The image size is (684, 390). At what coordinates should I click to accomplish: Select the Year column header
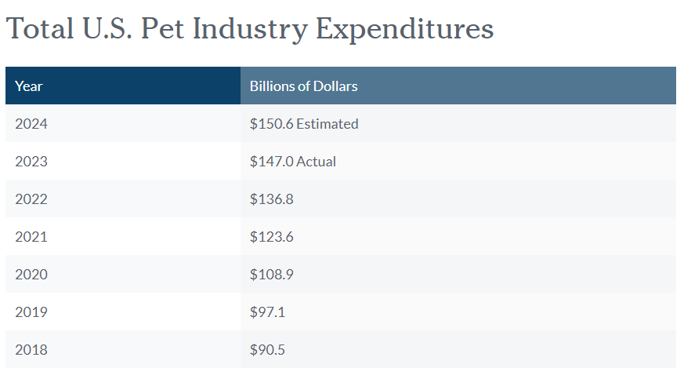point(29,86)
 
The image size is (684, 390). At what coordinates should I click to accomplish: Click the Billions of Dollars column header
point(303,86)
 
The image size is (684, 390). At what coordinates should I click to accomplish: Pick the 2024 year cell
point(31,124)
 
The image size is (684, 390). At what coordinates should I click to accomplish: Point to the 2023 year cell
point(31,162)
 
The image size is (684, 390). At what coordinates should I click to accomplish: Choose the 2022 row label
point(31,199)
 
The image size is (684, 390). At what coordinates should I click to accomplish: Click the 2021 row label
point(31,237)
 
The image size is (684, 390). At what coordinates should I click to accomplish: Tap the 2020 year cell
point(31,275)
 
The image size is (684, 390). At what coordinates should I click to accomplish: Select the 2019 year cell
point(31,312)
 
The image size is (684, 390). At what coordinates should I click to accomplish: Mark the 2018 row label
point(31,350)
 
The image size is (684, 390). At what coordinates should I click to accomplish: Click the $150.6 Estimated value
point(304,124)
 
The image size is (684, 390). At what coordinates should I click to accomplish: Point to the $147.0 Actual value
point(292,162)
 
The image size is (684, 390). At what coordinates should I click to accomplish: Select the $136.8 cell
point(271,199)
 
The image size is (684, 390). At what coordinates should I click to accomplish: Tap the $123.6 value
point(271,237)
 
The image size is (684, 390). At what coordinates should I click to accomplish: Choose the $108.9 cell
point(271,275)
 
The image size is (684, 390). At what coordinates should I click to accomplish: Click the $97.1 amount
point(267,312)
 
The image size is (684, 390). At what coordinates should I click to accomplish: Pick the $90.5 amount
point(267,350)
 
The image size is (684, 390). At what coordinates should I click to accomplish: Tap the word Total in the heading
point(39,29)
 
